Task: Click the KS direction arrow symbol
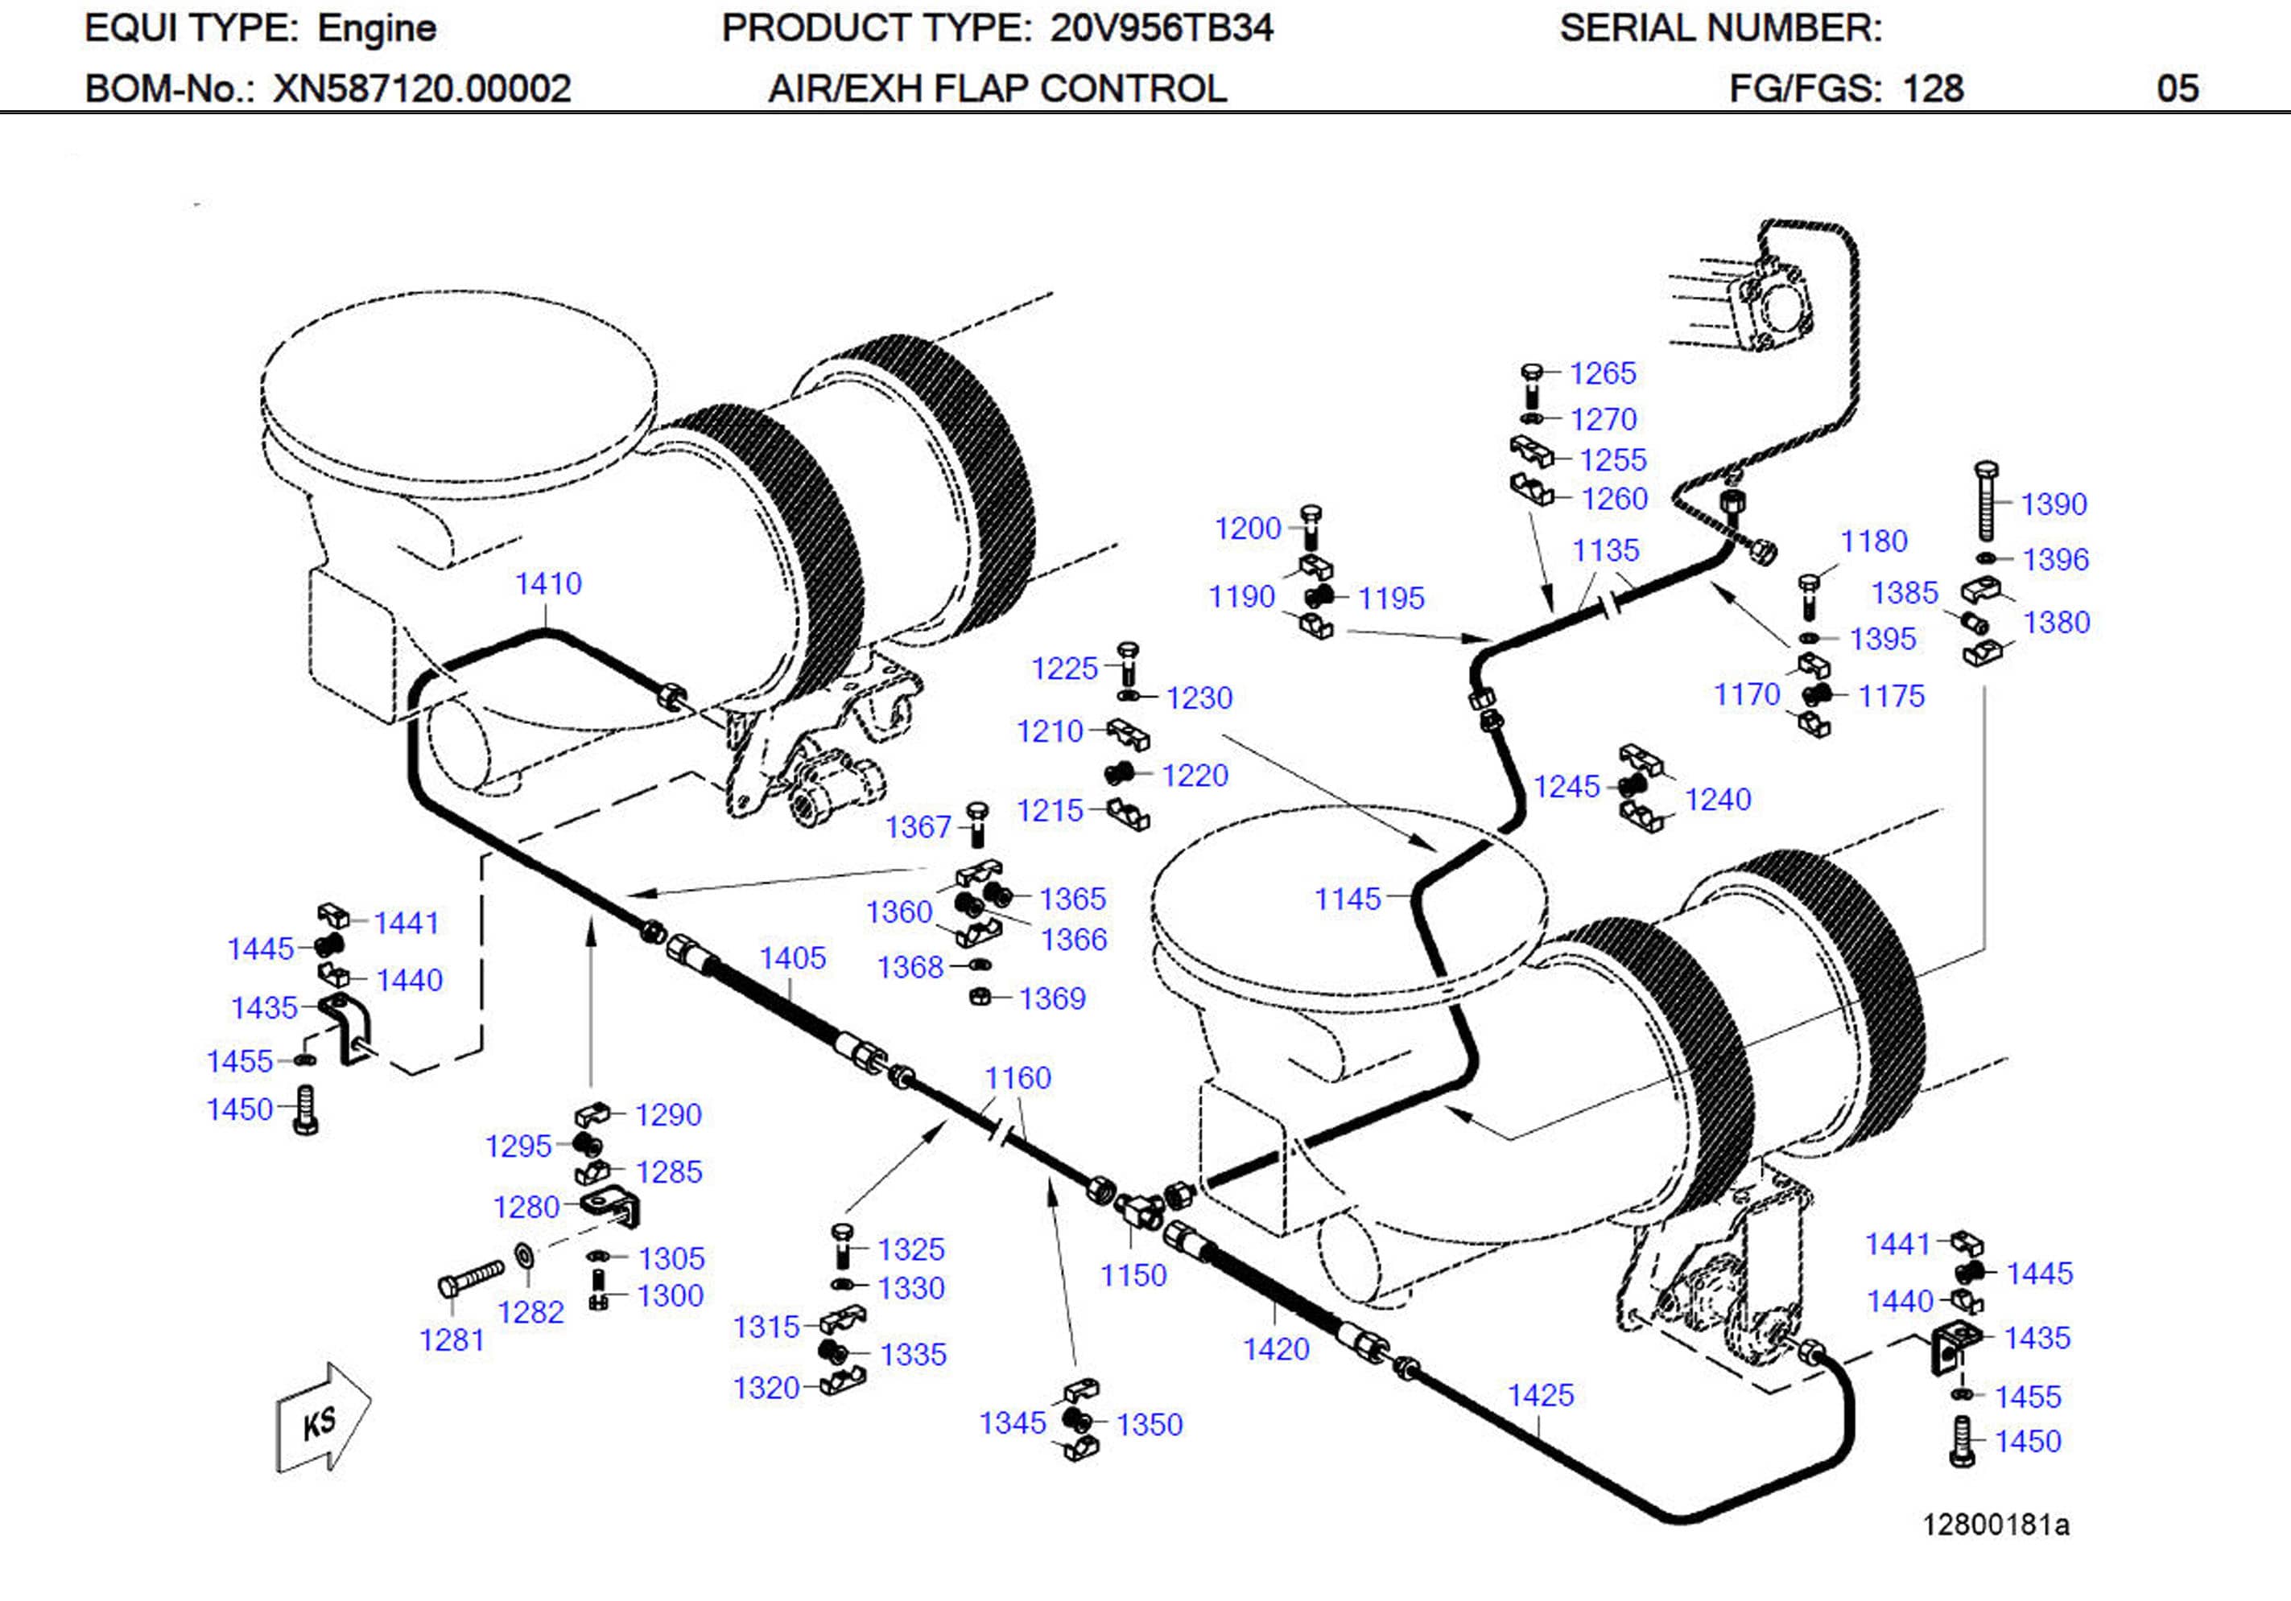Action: point(321,1418)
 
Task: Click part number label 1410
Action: point(548,583)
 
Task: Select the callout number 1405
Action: point(792,959)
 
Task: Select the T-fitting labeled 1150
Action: point(1137,1209)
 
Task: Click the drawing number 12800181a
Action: point(1996,1525)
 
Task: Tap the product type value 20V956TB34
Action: point(1161,28)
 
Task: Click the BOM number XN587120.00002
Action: point(422,88)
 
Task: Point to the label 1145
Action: point(1347,899)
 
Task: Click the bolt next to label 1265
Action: point(1532,385)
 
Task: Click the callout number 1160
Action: point(1017,1077)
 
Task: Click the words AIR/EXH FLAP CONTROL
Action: point(996,88)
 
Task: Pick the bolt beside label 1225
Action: point(1129,662)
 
